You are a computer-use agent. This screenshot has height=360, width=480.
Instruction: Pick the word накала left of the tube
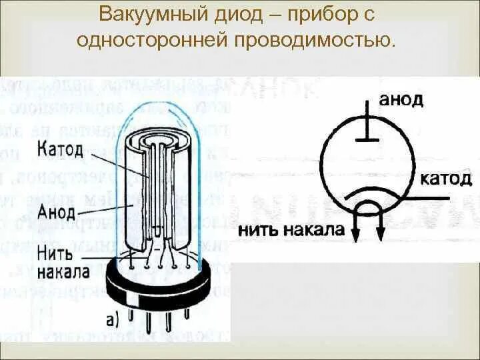(x=63, y=272)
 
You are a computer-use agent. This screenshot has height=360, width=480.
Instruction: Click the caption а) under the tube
(x=114, y=319)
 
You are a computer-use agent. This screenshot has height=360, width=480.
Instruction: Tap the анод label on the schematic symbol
(x=402, y=100)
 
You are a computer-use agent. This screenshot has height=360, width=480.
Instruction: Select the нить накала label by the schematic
(x=291, y=231)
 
